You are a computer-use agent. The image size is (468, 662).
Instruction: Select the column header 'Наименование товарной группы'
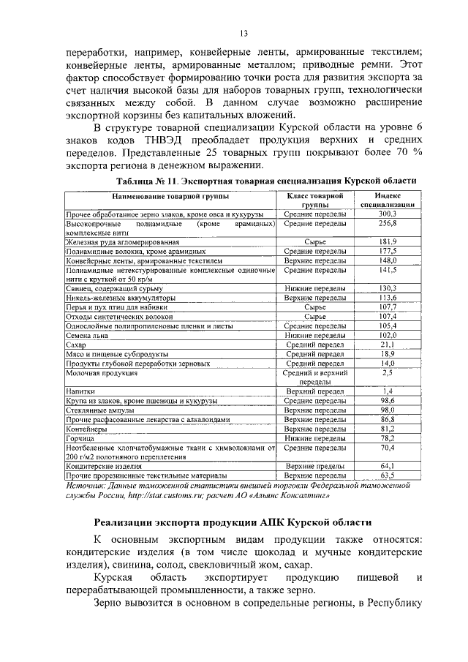click(170, 197)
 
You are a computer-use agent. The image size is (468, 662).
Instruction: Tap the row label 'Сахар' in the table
click(76, 344)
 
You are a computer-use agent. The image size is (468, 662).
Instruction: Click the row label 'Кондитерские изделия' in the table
click(103, 465)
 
